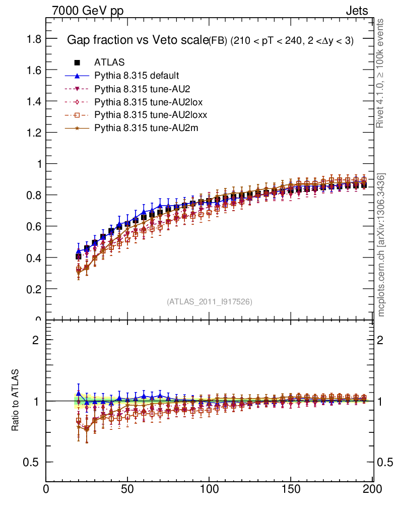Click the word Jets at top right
pos(356,11)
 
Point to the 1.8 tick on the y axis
pos(34,39)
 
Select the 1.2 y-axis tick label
pos(34,133)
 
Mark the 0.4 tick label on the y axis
pos(34,257)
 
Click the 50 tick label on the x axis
pos(127,488)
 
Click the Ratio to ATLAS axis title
pos(16,401)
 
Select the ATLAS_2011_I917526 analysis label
pos(209,301)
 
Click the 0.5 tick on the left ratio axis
pos(34,462)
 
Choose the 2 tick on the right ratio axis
pos(384,340)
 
